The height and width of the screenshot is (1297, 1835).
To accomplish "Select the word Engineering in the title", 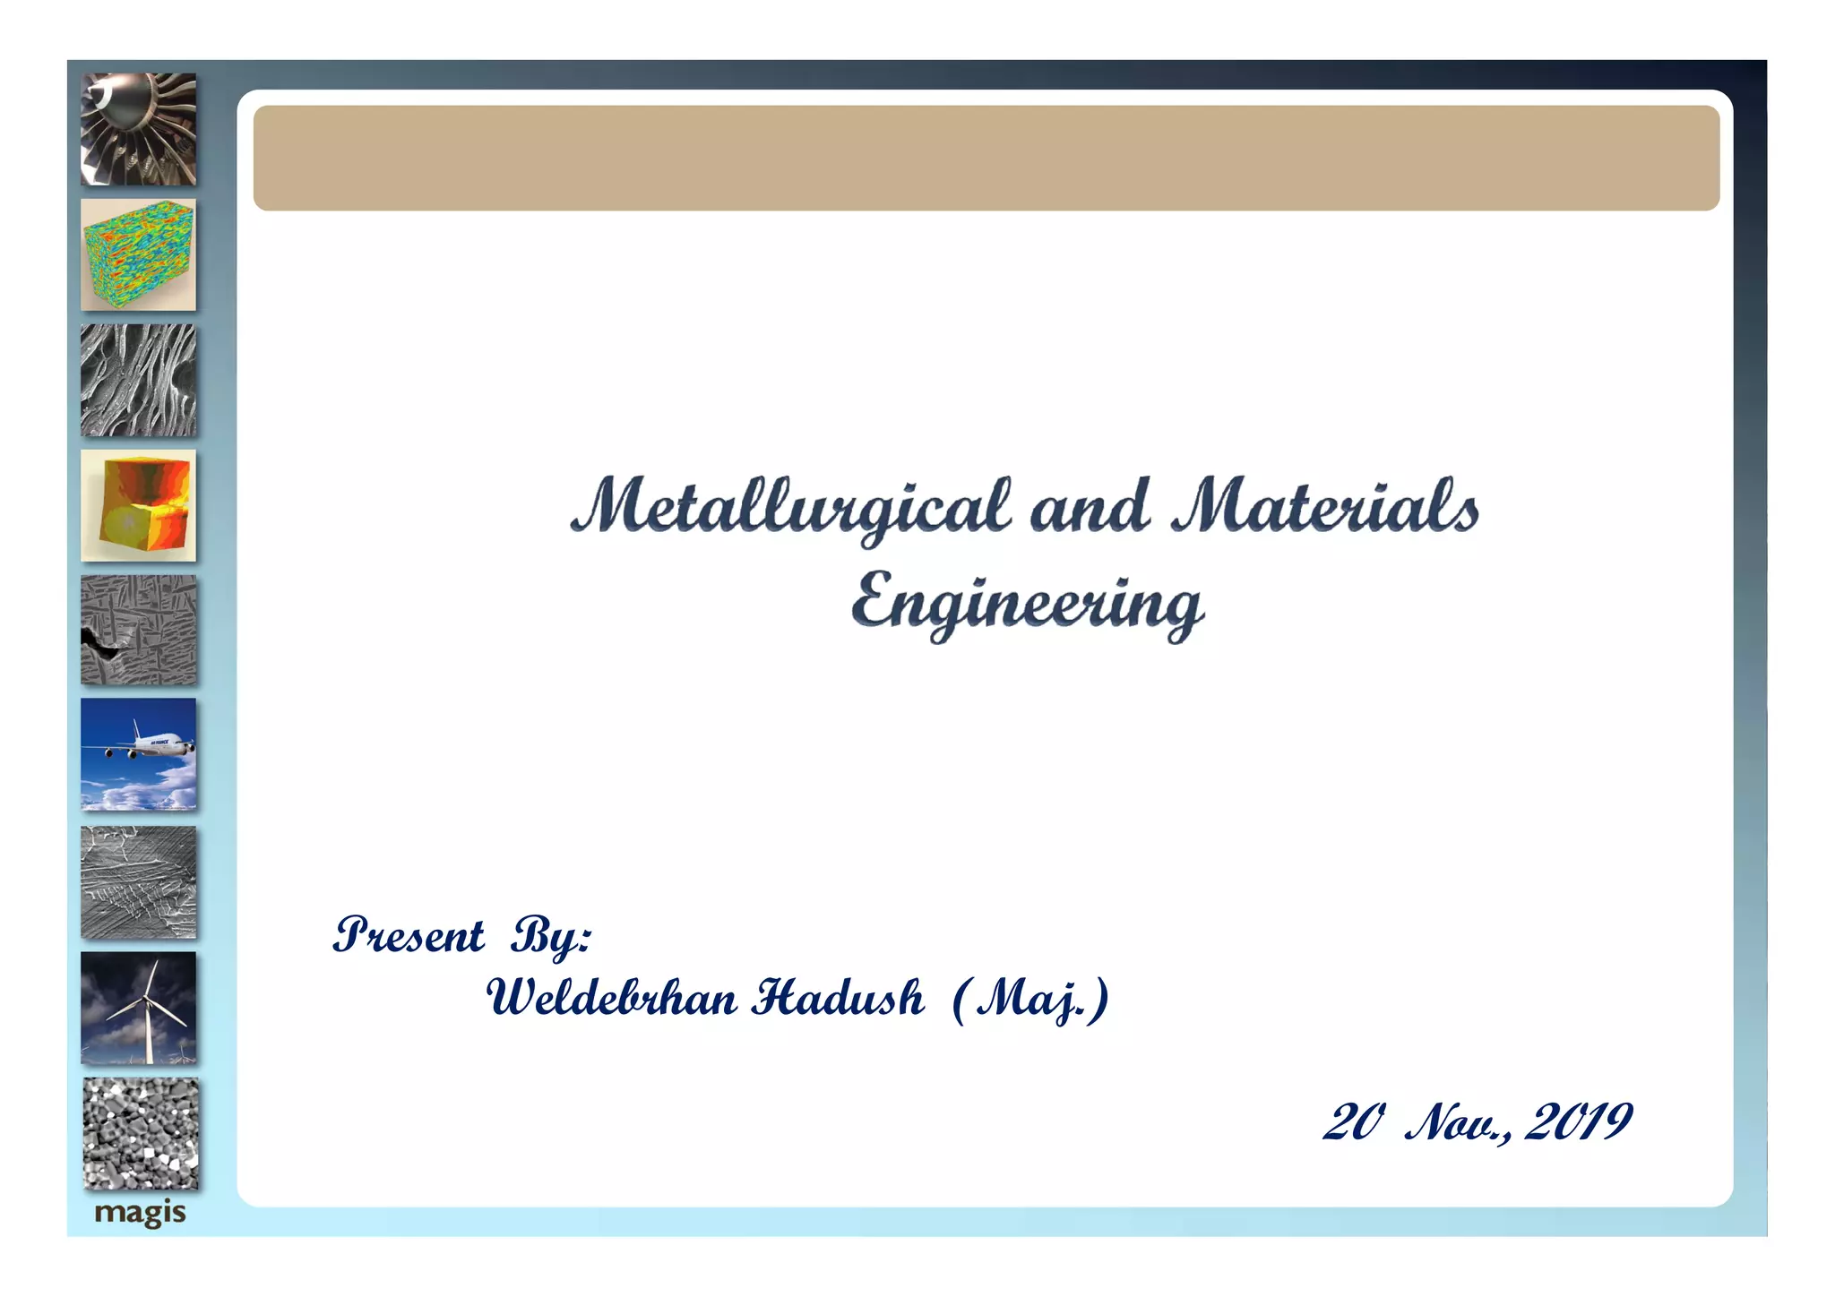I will pos(1027,604).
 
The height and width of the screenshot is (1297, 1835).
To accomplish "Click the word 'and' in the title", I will pos(1090,506).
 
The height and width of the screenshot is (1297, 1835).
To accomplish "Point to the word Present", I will pos(409,936).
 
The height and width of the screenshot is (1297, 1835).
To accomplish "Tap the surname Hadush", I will pos(838,998).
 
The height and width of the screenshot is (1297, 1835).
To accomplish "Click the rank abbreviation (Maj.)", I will pos(1030,1000).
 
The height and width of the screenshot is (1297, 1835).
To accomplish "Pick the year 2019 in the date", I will pos(1578,1122).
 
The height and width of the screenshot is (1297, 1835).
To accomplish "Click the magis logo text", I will pos(140,1213).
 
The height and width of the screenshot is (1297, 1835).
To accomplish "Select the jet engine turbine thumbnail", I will pos(139,130).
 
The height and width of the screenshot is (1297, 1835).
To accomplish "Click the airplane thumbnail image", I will pos(139,754).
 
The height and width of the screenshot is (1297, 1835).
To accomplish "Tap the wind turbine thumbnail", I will pos(139,1008).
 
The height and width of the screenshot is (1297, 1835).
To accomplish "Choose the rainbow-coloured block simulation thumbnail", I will pos(139,255).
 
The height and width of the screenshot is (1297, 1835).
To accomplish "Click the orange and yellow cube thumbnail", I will pos(139,506).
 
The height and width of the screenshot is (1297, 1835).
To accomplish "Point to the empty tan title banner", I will pos(986,159).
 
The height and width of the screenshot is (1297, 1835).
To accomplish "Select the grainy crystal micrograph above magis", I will pos(141,1134).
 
